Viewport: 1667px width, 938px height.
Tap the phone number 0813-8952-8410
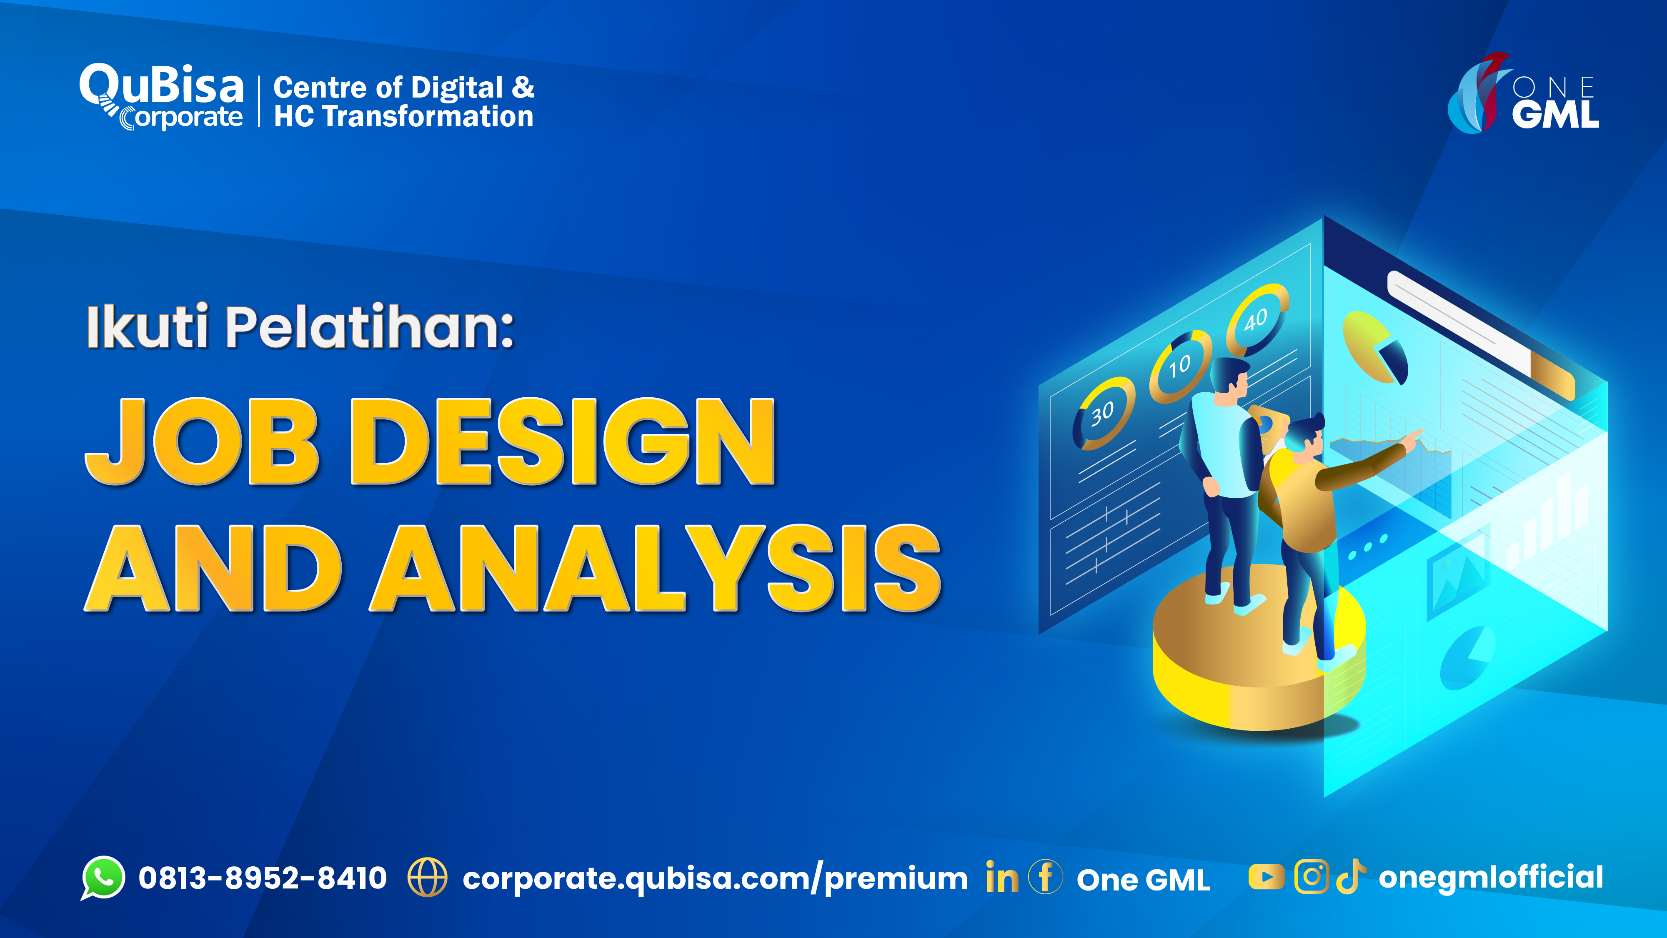click(263, 878)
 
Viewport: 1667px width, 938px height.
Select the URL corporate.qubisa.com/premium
click(715, 879)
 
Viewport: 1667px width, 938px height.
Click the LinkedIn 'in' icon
click(1001, 878)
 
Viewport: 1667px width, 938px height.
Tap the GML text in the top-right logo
click(1555, 115)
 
